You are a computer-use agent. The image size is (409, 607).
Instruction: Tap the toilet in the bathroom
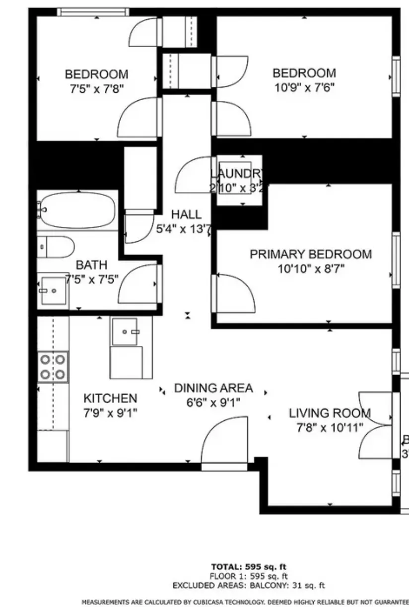[56, 247]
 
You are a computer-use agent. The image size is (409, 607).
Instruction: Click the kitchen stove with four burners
[53, 367]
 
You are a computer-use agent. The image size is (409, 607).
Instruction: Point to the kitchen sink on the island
[125, 332]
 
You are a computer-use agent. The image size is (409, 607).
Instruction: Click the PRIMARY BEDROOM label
[310, 254]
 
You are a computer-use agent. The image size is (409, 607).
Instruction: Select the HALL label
[186, 214]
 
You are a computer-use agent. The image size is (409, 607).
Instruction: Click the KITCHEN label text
[110, 398]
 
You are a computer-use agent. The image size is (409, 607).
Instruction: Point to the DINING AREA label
[213, 388]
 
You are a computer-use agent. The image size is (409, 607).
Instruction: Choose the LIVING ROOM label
[330, 413]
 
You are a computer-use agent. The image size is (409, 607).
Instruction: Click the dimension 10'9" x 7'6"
[304, 88]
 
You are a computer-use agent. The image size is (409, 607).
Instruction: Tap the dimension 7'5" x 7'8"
[96, 89]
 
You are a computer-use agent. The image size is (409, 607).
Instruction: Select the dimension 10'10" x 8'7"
[311, 269]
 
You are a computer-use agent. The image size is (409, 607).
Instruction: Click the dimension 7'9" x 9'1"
[110, 412]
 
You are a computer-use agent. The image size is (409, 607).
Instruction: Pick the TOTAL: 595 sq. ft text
[249, 566]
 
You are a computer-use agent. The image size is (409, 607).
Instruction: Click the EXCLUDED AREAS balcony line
[248, 586]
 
